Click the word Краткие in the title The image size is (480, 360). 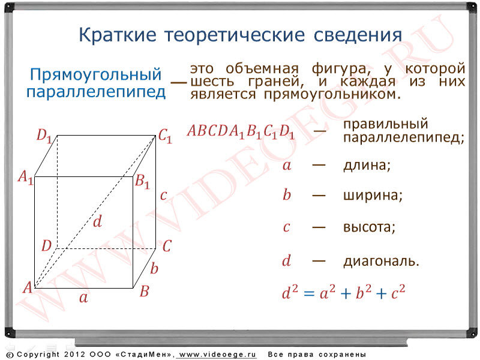[117, 35]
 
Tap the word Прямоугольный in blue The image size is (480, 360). [95, 74]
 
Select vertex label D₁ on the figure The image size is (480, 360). [44, 136]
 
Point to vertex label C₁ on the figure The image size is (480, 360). [166, 136]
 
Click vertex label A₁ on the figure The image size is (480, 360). [25, 177]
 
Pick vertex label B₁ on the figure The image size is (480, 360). [142, 181]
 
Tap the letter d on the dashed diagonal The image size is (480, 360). [97, 221]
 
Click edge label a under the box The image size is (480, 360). [83, 298]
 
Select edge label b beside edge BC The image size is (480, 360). [154, 268]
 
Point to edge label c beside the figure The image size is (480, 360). [163, 196]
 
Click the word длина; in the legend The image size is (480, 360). [367, 166]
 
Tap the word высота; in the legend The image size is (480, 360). [369, 227]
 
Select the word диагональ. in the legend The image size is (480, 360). [381, 262]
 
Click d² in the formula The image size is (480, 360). [290, 292]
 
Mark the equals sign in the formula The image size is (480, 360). [309, 294]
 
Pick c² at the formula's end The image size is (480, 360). [398, 292]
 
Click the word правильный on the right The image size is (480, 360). [385, 124]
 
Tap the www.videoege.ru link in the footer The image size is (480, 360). [217, 355]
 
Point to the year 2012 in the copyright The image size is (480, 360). [74, 355]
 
